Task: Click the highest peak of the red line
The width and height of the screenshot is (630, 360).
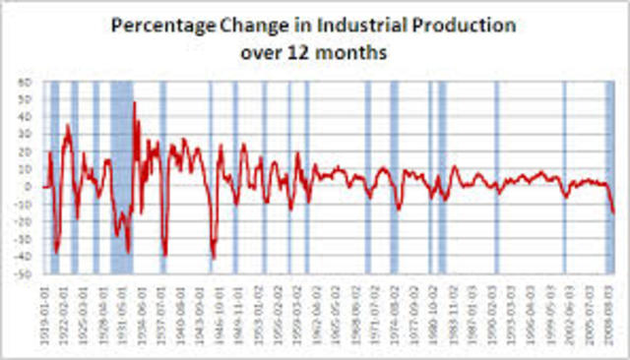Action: pos(134,102)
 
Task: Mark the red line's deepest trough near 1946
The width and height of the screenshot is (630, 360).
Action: pos(214,259)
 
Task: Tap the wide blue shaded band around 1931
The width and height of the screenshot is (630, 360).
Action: pos(121,177)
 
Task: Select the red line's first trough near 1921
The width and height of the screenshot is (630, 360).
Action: pos(56,252)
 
